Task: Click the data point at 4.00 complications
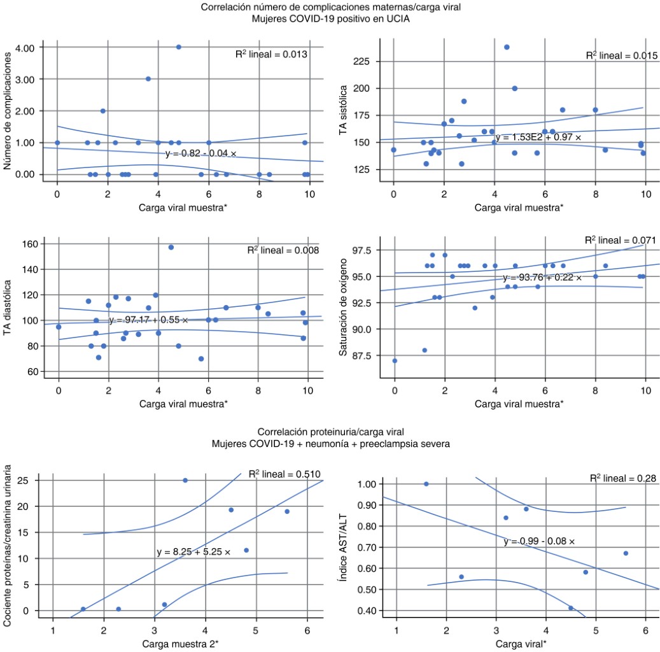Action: pyautogui.click(x=179, y=47)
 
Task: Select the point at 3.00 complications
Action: pyautogui.click(x=148, y=79)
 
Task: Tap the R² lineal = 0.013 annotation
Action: pyautogui.click(x=272, y=55)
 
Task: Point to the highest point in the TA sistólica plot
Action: pyautogui.click(x=507, y=47)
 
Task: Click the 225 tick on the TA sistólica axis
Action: pyautogui.click(x=365, y=62)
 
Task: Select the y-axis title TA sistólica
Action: pyautogui.click(x=344, y=113)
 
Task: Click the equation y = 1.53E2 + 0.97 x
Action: pyautogui.click(x=538, y=137)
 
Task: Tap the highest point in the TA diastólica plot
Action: pyautogui.click(x=171, y=247)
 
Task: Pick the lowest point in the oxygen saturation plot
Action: pyautogui.click(x=395, y=360)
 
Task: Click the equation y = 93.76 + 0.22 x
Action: pyautogui.click(x=542, y=278)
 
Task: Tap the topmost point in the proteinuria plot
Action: pyautogui.click(x=185, y=480)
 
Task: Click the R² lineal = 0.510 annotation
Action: pyautogui.click(x=284, y=474)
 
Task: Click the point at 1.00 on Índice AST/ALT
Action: pyautogui.click(x=426, y=484)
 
